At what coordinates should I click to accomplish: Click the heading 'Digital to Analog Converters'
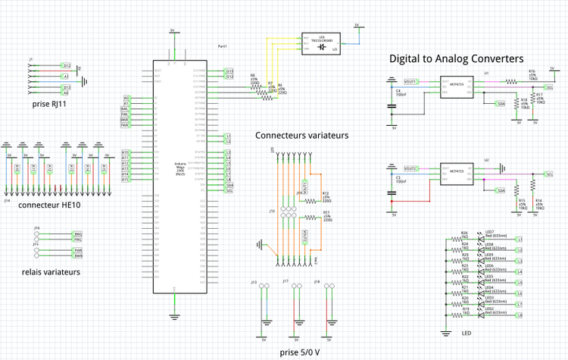456,58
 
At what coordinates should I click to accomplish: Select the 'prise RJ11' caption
50,104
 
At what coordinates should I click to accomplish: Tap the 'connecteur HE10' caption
49,205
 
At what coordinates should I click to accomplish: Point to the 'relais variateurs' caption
51,271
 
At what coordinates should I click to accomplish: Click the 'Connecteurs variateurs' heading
301,136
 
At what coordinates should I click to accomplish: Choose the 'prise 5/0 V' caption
299,352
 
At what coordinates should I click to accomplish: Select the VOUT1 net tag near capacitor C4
410,80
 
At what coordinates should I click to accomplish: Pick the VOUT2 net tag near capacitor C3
410,168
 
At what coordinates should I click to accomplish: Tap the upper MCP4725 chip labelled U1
457,86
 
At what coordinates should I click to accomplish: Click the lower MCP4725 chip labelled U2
457,174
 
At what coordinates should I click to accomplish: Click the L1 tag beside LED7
519,239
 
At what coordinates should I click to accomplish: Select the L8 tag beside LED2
519,314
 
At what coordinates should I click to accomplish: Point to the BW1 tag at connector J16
77,233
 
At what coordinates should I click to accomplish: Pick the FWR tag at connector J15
77,250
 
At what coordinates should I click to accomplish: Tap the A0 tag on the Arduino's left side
126,99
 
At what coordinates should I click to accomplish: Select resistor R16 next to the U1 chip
532,77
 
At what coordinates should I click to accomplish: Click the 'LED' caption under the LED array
466,333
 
